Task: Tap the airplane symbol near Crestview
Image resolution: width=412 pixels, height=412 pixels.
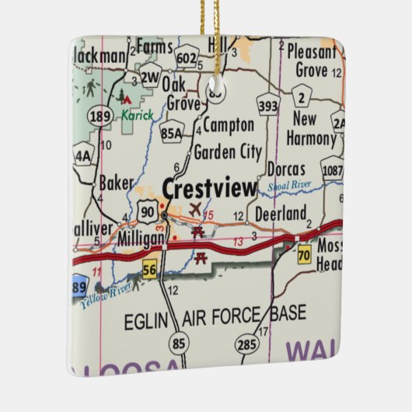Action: pyautogui.click(x=194, y=209)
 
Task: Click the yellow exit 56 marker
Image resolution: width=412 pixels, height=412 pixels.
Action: pyautogui.click(x=149, y=269)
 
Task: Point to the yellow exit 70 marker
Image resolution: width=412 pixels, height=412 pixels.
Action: pyautogui.click(x=302, y=253)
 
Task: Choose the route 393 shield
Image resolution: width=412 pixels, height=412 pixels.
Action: pyautogui.click(x=267, y=106)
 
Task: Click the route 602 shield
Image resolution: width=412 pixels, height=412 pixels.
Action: pyautogui.click(x=186, y=58)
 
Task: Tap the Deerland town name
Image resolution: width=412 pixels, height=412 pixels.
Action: pyautogui.click(x=281, y=212)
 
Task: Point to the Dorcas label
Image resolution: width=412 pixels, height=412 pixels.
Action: pyautogui.click(x=285, y=168)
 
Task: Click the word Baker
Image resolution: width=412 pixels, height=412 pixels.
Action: pyautogui.click(x=117, y=183)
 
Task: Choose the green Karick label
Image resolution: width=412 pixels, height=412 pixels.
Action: pyautogui.click(x=138, y=115)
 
